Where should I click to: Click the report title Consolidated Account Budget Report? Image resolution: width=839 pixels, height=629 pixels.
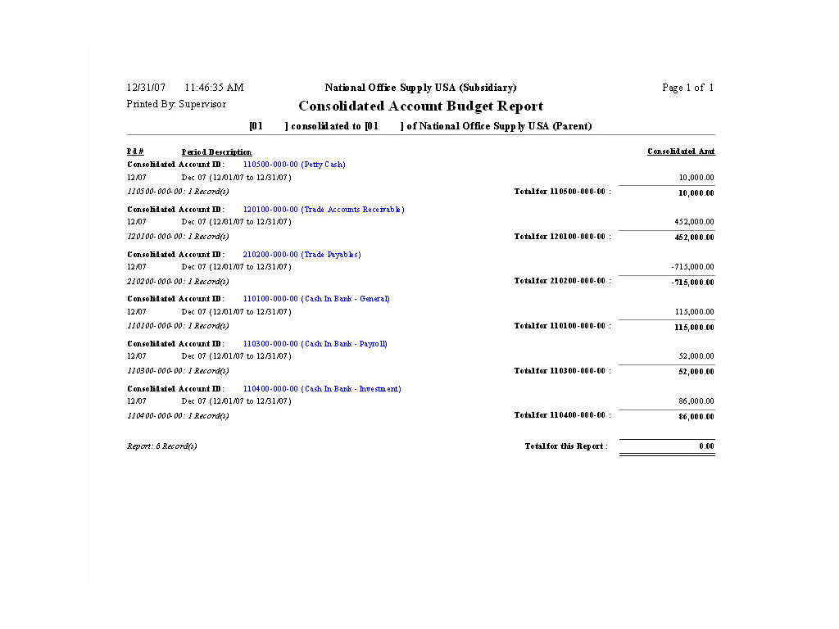coord(420,106)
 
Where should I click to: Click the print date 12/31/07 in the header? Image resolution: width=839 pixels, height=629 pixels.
coord(146,88)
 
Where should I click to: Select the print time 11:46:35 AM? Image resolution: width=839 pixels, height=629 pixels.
coord(214,88)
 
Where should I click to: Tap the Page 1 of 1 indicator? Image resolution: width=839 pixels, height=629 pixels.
coord(687,88)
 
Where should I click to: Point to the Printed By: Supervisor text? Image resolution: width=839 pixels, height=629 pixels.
coord(176,105)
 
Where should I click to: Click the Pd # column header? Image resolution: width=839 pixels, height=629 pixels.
coord(135,152)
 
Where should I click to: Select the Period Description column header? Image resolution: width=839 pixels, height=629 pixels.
coord(216,152)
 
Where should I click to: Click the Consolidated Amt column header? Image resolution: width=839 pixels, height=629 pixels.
coord(681,152)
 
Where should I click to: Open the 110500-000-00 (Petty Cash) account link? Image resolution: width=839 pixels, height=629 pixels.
coord(294,165)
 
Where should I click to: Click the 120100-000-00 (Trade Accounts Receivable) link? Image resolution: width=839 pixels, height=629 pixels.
coord(324,210)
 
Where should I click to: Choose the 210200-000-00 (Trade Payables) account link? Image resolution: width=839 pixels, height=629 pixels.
coord(302,255)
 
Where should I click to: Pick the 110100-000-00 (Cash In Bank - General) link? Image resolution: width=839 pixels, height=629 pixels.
coord(316,299)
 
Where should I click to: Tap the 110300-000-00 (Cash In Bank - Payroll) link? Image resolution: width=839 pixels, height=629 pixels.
coord(315,344)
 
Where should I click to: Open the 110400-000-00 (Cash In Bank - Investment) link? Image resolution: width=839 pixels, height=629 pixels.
coord(322,389)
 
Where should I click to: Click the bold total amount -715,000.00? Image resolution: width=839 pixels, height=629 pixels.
coord(692,283)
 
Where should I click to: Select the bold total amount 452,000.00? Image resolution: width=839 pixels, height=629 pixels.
coord(694,238)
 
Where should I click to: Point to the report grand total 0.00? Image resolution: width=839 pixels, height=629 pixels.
coord(706,446)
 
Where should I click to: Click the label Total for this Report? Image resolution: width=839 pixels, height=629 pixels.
coord(566,446)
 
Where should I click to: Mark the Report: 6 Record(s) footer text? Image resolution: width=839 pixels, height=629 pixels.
coord(161,446)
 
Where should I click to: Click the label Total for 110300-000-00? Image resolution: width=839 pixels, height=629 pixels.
coord(562,371)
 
